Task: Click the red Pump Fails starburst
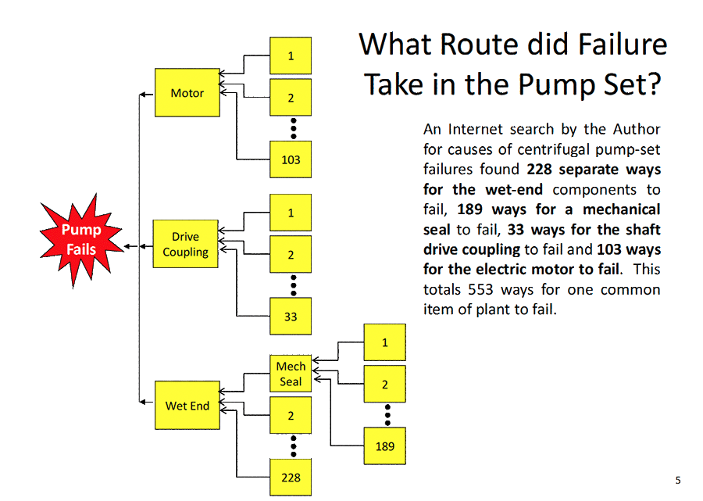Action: pos(81,238)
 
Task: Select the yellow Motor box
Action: pos(187,93)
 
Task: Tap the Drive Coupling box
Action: pos(186,245)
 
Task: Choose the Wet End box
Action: pos(187,406)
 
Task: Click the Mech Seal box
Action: pos(291,374)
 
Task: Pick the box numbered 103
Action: pos(291,160)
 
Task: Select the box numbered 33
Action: pos(291,317)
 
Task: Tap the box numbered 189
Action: pos(384,446)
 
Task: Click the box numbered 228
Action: pos(291,478)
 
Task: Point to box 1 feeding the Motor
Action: pos(291,56)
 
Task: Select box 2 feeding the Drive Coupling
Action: pos(291,255)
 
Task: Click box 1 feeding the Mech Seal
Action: pos(384,342)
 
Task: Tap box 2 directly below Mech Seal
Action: pos(291,416)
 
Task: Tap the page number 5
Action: pos(678,480)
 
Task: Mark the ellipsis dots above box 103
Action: pos(293,127)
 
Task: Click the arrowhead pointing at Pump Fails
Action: pos(127,246)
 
